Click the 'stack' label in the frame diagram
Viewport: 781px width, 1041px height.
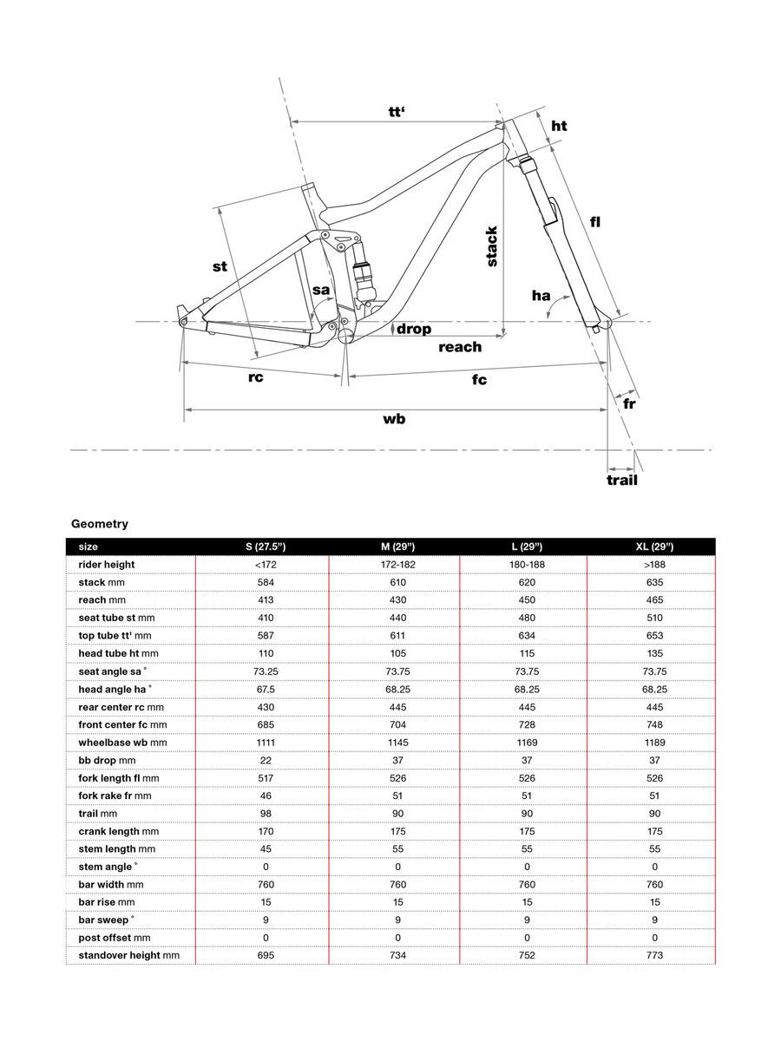(x=492, y=246)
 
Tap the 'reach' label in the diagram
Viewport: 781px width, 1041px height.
(x=459, y=347)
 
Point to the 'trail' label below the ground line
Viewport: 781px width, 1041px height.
(x=621, y=480)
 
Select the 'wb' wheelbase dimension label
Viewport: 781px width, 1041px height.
(x=394, y=419)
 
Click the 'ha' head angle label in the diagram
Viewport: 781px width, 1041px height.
(x=541, y=296)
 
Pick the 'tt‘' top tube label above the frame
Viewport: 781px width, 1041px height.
(x=397, y=112)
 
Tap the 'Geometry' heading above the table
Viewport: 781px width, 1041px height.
(x=100, y=524)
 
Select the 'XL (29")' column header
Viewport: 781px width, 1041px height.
(x=654, y=547)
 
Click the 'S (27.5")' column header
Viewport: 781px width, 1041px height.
(x=266, y=547)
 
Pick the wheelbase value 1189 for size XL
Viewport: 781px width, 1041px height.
(x=654, y=743)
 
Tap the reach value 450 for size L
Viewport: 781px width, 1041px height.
(x=526, y=600)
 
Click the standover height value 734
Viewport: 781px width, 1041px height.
(x=398, y=955)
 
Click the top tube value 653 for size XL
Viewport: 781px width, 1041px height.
(x=654, y=636)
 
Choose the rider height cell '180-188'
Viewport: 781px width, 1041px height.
(x=526, y=565)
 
